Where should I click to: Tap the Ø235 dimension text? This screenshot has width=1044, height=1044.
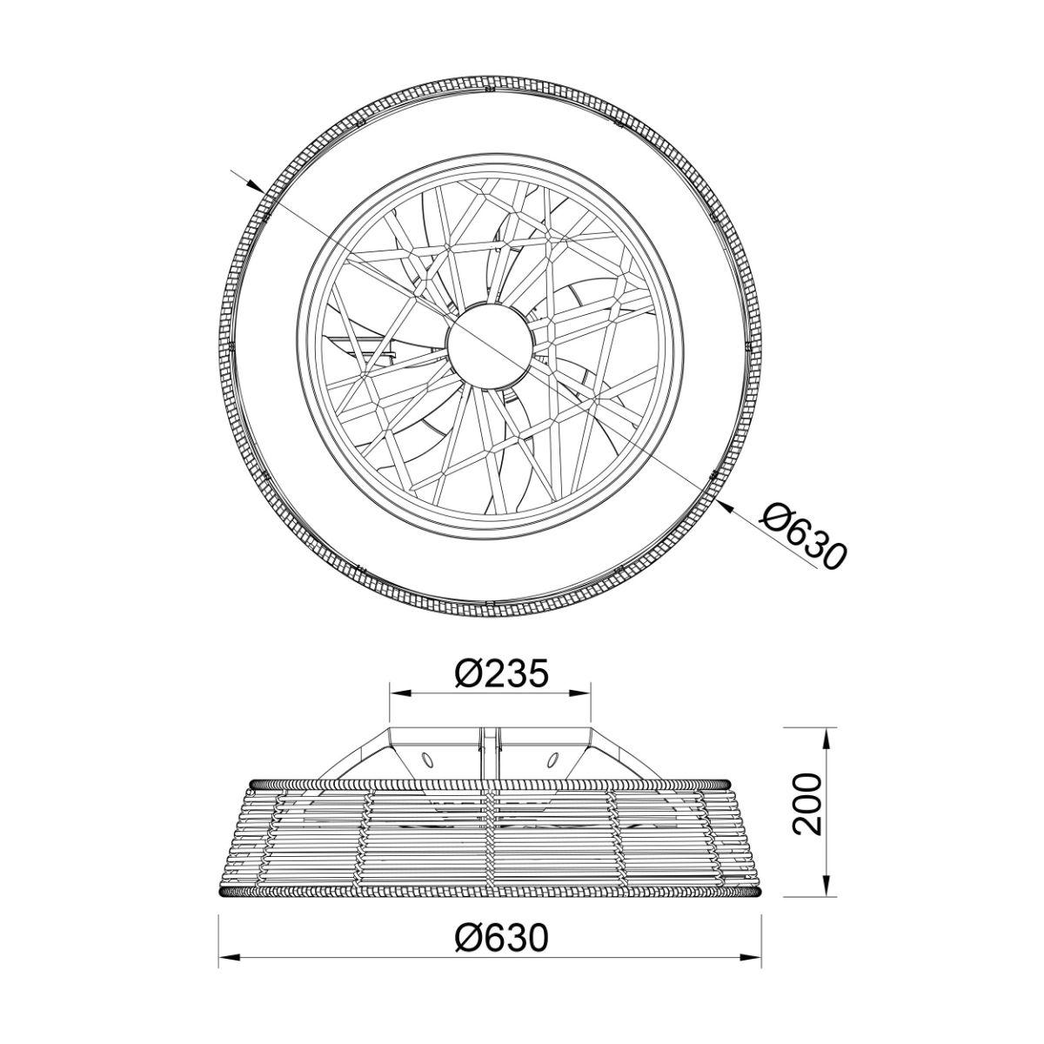[502, 673]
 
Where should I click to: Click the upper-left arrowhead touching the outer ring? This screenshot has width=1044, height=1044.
[254, 185]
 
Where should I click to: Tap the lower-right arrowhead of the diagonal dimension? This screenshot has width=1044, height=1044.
[726, 506]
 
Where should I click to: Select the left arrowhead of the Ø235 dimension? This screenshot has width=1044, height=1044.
[400, 693]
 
